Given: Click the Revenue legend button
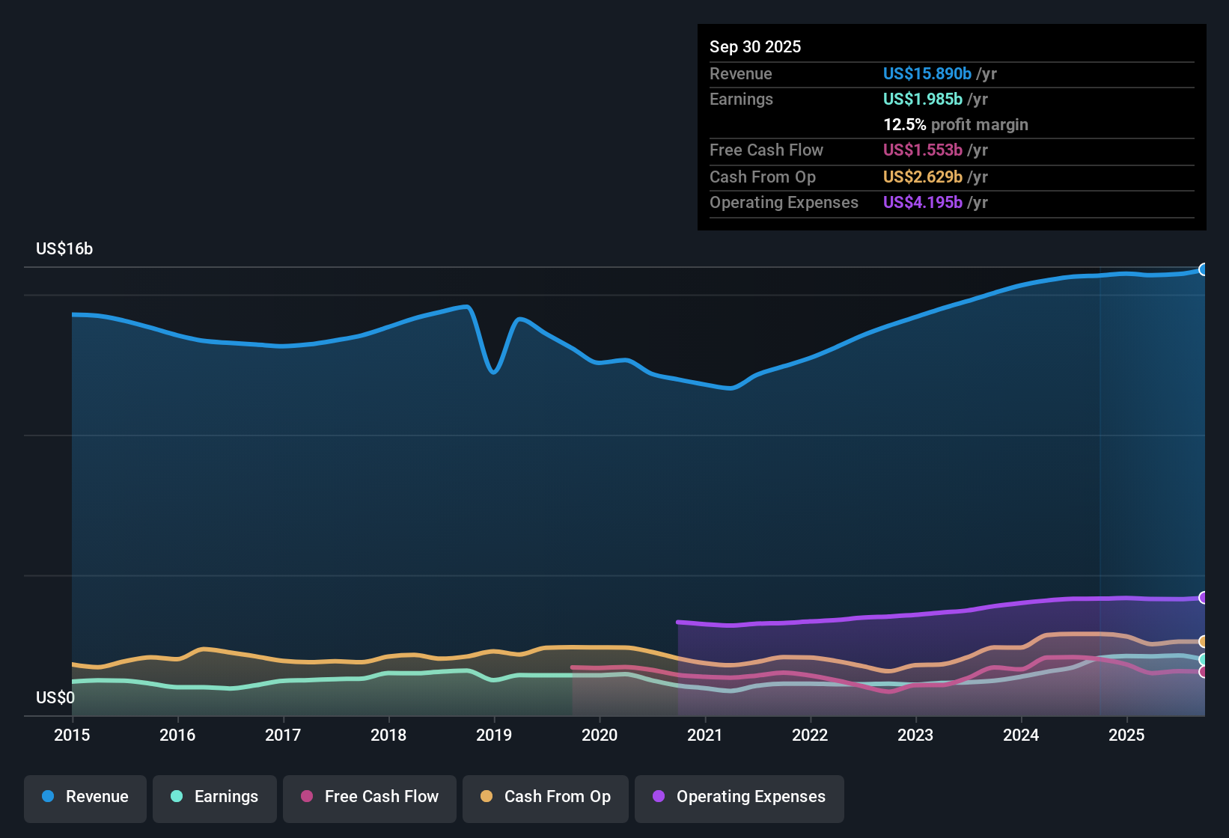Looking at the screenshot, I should click(x=85, y=797).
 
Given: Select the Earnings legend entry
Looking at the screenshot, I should click(x=215, y=797).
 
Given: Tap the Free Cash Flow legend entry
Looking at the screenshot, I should click(x=370, y=797).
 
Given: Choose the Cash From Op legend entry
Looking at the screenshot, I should click(x=546, y=797).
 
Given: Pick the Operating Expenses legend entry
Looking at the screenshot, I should click(x=739, y=797).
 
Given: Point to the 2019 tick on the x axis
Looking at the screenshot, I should click(x=494, y=735).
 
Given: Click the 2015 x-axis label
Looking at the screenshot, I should click(x=72, y=735).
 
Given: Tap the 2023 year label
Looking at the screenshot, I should click(x=915, y=735).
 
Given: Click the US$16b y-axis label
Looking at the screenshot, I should click(x=64, y=249).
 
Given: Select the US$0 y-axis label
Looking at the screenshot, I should click(x=55, y=698).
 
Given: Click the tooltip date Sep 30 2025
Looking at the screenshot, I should click(x=755, y=47).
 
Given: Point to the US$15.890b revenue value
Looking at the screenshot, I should click(x=927, y=74).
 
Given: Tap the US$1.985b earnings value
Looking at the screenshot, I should click(x=922, y=100).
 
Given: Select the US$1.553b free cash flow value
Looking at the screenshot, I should click(x=922, y=150).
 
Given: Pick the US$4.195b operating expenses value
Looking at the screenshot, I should click(x=922, y=203).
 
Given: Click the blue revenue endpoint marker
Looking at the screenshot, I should click(x=1204, y=269).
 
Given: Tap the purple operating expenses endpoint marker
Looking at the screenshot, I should click(x=1204, y=597).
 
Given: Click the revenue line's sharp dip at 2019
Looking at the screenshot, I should click(x=493, y=371).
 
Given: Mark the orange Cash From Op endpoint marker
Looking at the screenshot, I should click(x=1204, y=641).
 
